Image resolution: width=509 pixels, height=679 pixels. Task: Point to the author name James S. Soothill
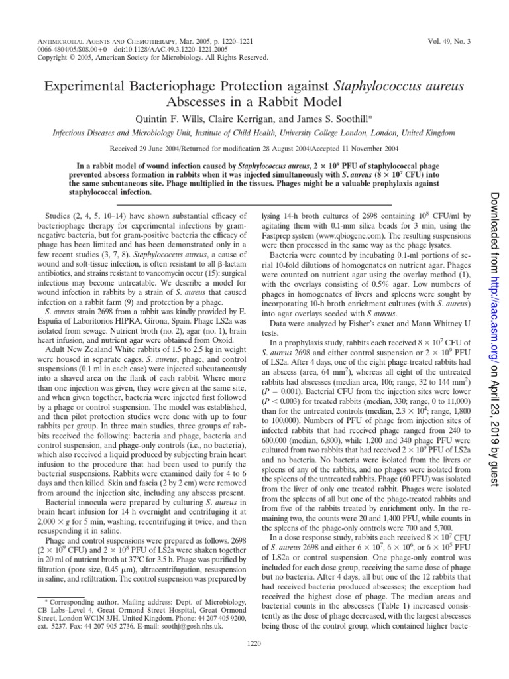click(325, 118)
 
